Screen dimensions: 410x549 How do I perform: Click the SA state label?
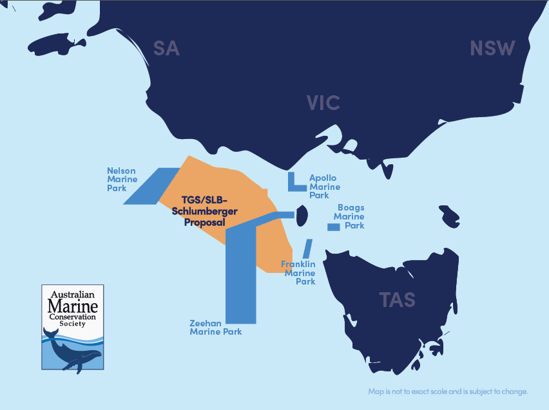point(166,48)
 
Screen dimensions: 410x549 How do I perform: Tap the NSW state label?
point(493,48)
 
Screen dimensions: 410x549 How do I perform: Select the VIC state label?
point(323,102)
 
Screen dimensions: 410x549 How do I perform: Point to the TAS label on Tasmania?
point(398,299)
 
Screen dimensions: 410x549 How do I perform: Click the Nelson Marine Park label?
point(122,179)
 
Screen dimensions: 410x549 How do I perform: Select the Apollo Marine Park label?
point(323,187)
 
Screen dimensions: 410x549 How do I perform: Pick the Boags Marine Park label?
point(351,217)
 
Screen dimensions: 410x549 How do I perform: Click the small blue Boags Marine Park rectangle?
point(333,227)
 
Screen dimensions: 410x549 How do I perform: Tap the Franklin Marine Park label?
point(299,273)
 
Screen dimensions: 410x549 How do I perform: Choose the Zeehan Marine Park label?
point(215,327)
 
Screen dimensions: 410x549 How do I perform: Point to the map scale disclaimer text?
point(448,391)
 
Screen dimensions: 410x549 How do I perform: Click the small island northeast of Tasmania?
point(450,216)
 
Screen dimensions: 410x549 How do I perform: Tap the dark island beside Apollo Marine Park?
point(300,216)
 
